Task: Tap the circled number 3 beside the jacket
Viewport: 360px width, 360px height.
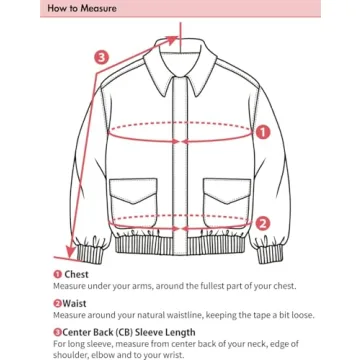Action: (100, 57)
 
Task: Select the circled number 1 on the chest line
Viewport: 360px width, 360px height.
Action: (263, 131)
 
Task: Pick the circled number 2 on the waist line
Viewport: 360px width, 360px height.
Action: (262, 223)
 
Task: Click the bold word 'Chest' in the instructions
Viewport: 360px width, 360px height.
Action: (77, 274)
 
